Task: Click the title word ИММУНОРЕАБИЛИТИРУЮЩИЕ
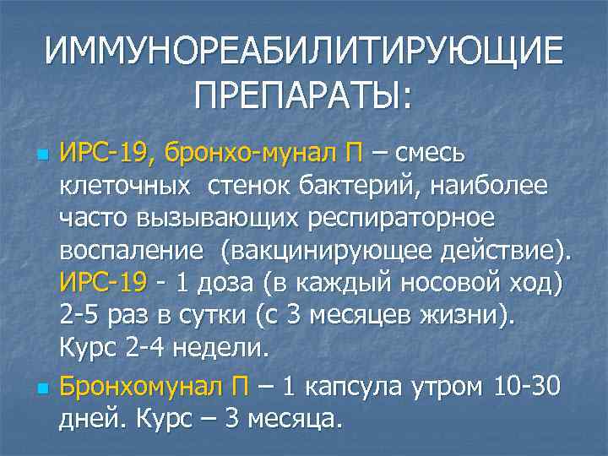(303, 52)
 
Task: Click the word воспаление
(132, 250)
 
